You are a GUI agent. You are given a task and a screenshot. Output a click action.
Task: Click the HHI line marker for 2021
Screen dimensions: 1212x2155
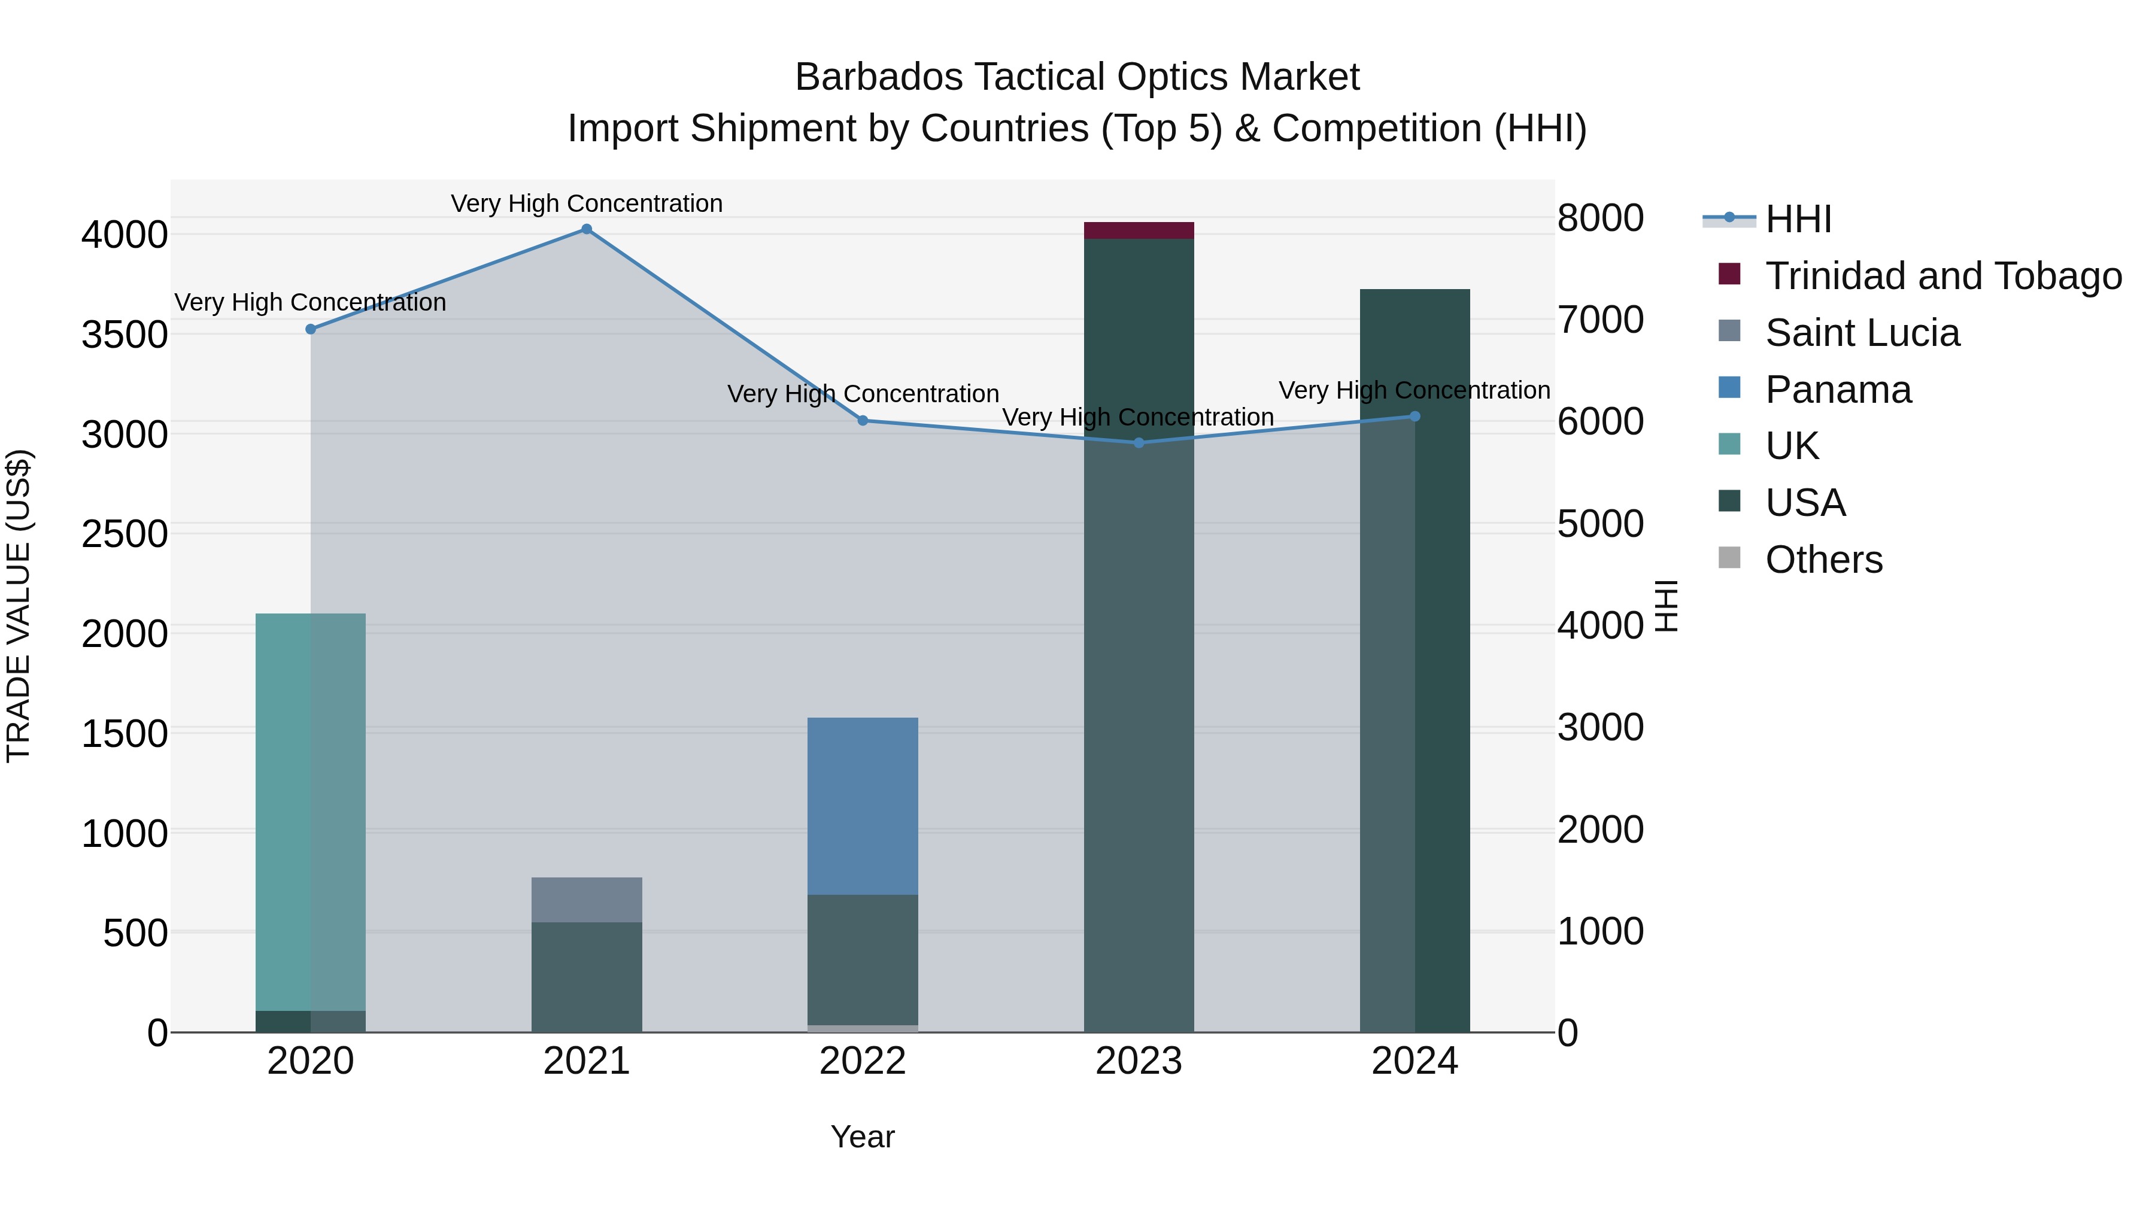point(587,229)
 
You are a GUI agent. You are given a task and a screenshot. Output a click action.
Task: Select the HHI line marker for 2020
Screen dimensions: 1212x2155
point(310,330)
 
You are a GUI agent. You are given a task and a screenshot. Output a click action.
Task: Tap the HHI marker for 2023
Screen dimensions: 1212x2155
point(1139,442)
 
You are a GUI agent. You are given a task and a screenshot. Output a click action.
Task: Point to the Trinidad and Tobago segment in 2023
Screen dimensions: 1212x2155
point(1139,231)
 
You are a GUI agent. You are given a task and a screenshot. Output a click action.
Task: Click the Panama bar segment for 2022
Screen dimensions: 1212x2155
point(863,806)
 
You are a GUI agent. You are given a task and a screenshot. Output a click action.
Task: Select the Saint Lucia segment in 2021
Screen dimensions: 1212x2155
point(587,900)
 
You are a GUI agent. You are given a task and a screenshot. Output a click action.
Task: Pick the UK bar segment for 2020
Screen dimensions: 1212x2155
point(310,812)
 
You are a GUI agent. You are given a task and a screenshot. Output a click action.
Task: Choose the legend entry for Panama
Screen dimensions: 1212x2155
point(1838,390)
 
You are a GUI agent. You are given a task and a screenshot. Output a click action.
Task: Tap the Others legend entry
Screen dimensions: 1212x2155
point(1824,560)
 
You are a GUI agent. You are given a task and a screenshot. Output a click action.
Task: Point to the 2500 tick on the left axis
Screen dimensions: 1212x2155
point(125,534)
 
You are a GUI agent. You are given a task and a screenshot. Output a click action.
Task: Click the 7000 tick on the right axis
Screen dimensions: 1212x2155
point(1600,320)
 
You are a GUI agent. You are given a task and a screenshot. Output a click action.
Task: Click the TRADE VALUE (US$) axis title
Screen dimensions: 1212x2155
point(19,606)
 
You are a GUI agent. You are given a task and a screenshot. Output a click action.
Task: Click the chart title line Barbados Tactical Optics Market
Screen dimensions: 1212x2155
point(1077,77)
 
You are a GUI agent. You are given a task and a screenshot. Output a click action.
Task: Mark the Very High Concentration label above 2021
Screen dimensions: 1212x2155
point(587,203)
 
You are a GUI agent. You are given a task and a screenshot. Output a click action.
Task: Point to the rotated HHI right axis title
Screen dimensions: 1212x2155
point(1667,606)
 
